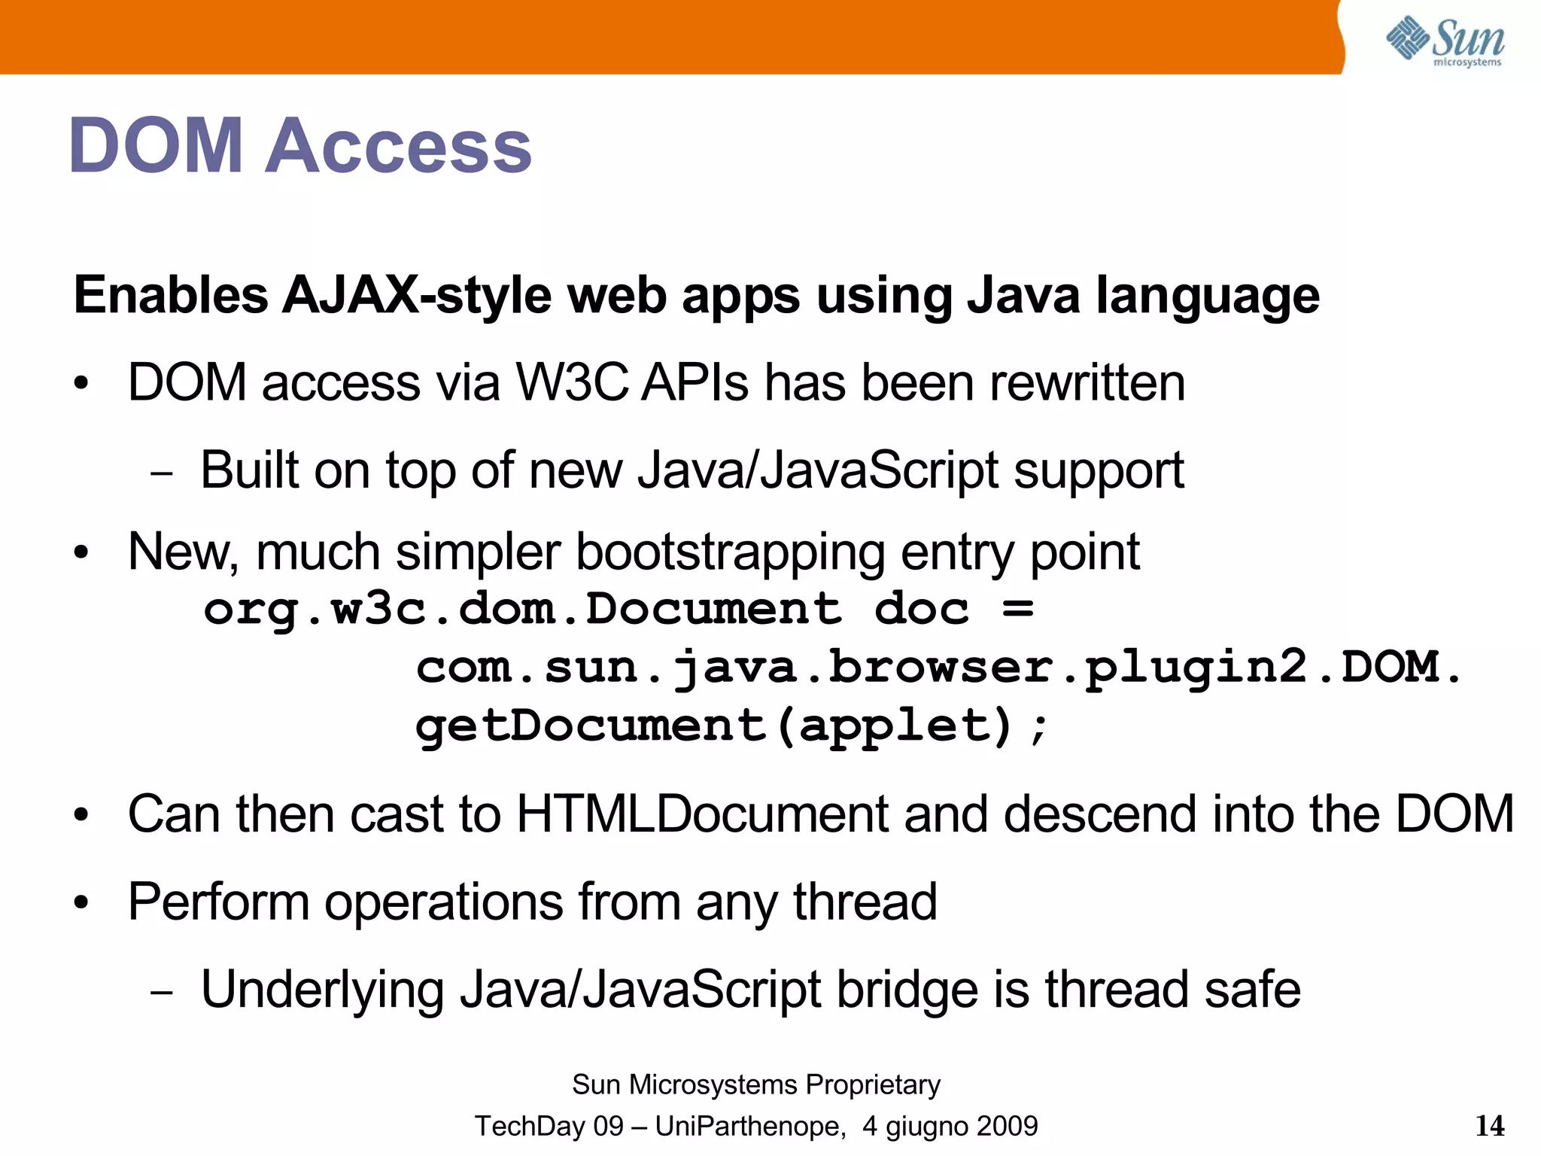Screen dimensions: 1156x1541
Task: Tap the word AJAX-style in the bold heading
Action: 417,295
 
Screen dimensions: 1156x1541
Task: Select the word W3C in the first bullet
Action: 572,382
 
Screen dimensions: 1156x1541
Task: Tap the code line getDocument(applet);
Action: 731,726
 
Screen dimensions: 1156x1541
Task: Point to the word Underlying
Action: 322,990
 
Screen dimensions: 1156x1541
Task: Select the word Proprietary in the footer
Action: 873,1085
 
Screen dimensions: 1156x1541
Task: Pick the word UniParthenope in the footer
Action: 748,1126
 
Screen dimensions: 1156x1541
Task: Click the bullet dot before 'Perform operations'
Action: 81,902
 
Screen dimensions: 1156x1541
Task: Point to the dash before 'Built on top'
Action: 161,474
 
